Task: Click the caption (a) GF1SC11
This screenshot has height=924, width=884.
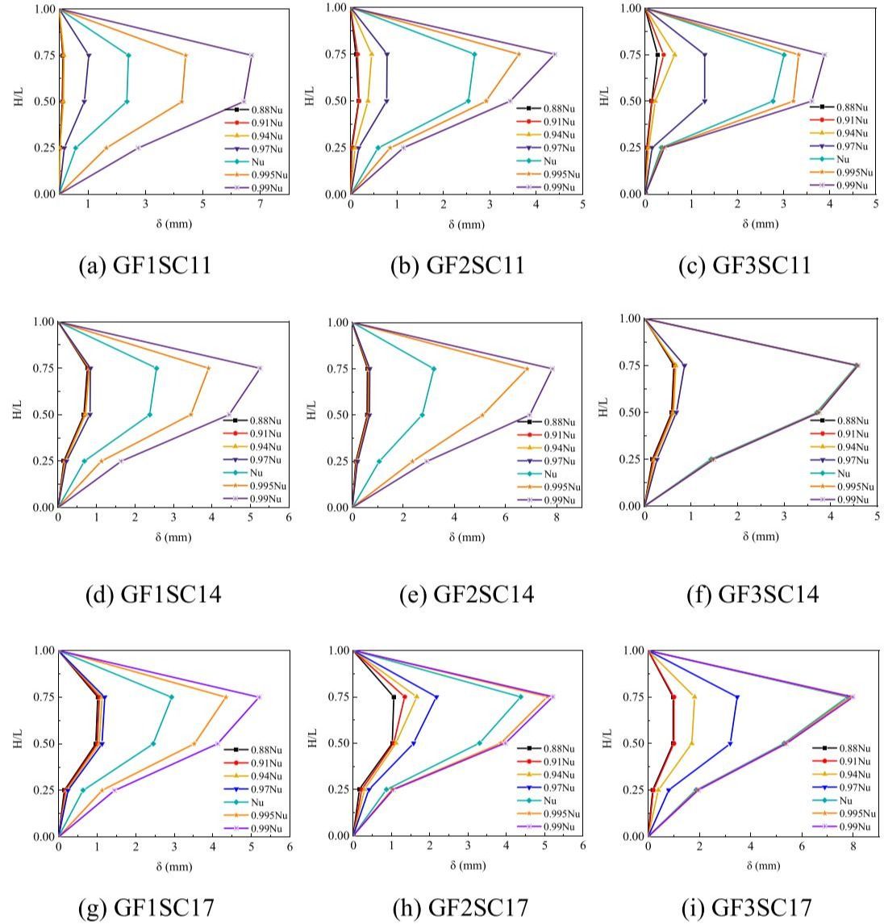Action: (x=146, y=265)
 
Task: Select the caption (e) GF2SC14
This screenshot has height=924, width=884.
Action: (x=466, y=595)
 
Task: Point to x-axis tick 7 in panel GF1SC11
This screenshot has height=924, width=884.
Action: (x=261, y=206)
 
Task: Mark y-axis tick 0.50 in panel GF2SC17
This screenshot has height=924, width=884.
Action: (x=336, y=743)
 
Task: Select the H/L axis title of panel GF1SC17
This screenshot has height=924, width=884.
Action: (x=18, y=743)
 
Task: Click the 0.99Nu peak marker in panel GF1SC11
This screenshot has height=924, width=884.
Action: (x=252, y=55)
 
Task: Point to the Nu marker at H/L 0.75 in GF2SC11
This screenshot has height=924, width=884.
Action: (x=474, y=54)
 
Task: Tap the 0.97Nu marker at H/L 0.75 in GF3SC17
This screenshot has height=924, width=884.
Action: (x=736, y=696)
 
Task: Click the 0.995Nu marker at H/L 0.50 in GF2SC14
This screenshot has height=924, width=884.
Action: (x=482, y=415)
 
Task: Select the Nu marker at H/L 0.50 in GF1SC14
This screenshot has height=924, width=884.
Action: (x=149, y=415)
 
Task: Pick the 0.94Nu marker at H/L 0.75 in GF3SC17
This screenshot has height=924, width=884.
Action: (x=694, y=696)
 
